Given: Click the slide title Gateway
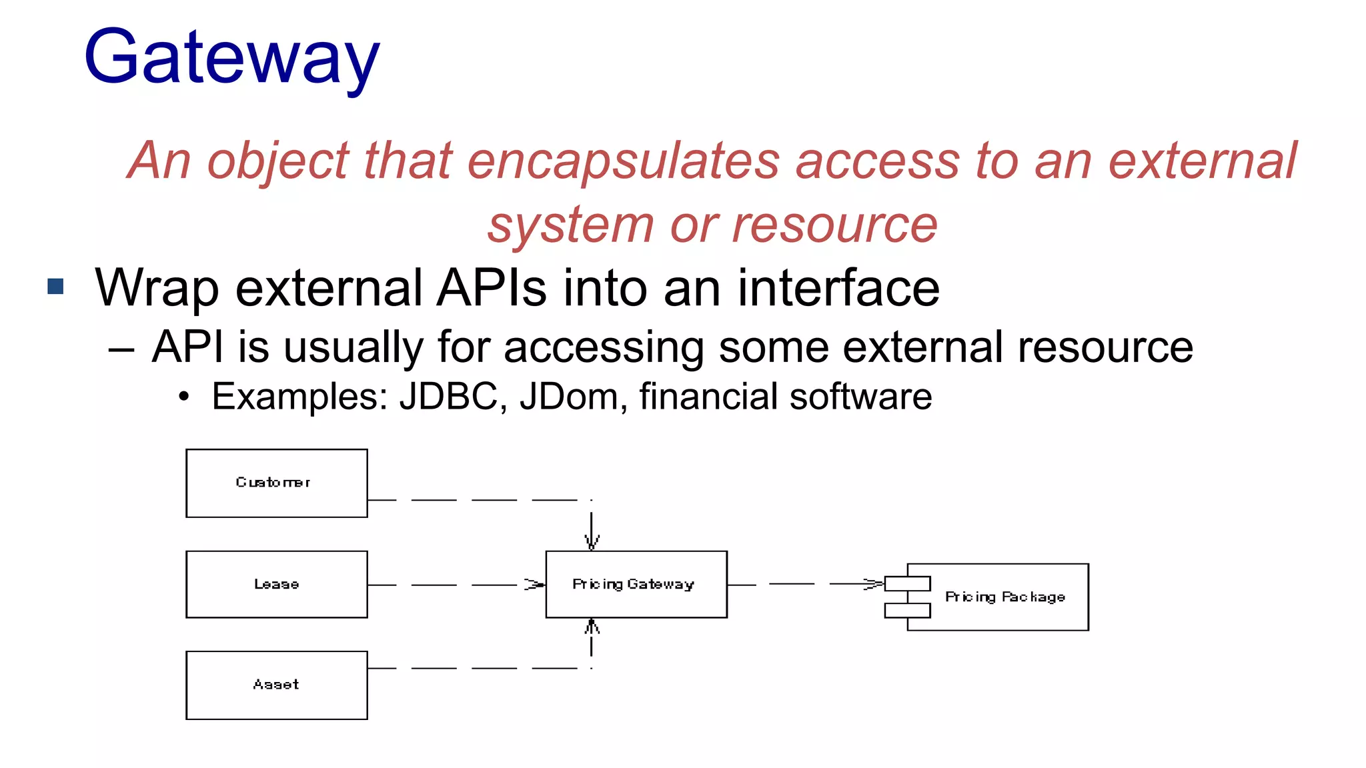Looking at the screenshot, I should point(231,59).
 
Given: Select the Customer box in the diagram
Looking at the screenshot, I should point(276,483).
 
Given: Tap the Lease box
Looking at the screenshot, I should point(276,584).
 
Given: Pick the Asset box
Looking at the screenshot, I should point(276,685).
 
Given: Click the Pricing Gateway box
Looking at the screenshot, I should point(636,584).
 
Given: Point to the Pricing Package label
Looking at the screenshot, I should point(1004,597).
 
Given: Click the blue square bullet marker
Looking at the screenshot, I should point(56,287).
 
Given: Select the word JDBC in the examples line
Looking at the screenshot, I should point(448,397).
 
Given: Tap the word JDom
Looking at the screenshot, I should point(569,397).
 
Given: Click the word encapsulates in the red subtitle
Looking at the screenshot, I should point(623,162).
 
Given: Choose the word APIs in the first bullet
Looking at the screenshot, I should point(492,288).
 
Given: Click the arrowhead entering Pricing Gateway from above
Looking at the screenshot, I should point(592,541).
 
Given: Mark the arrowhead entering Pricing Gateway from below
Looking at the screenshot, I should point(592,627).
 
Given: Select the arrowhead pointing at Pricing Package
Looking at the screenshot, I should point(873,584).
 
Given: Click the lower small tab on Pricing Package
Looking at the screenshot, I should point(907,610).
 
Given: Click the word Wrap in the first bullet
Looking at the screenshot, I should point(157,288).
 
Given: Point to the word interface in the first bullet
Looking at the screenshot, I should point(838,288).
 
